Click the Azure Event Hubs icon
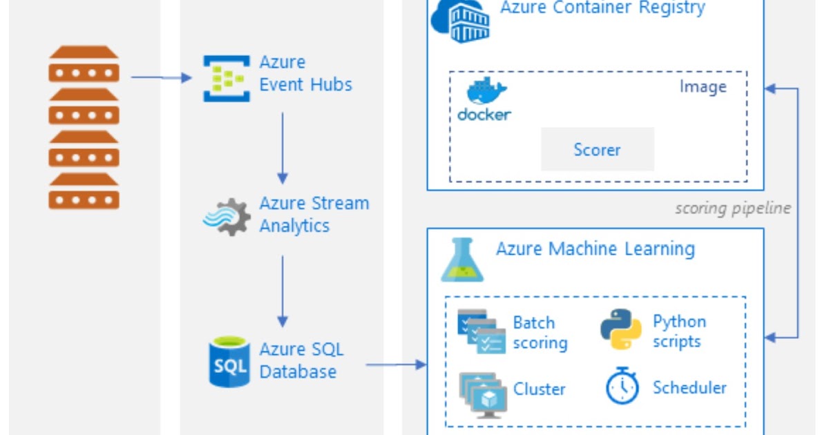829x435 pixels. click(226, 78)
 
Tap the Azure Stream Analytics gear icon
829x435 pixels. click(226, 216)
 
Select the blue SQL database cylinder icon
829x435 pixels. click(229, 361)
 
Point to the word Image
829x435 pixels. click(703, 87)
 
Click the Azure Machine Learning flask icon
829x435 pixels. click(462, 260)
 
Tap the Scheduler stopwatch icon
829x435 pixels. click(622, 387)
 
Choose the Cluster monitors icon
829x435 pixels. click(483, 394)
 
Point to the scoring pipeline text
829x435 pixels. click(732, 208)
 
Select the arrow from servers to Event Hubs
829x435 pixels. click(161, 77)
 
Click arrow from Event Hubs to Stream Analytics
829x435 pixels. click(282, 148)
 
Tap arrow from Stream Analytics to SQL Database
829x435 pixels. click(282, 291)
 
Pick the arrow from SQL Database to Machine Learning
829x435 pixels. click(396, 364)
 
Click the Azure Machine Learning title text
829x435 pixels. click(595, 249)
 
